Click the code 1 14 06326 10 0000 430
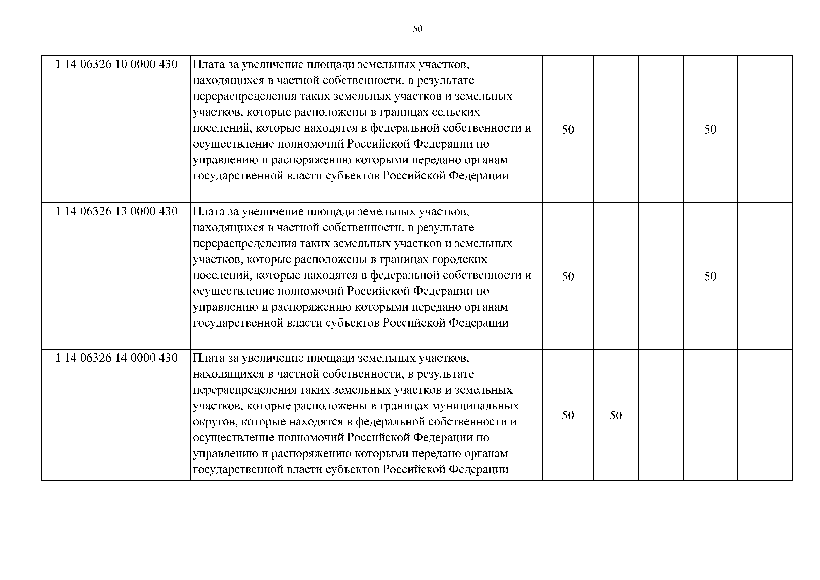click(116, 64)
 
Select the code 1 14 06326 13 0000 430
click(116, 212)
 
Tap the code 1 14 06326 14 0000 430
click(116, 358)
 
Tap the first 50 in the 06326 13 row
click(568, 277)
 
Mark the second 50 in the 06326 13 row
click(710, 277)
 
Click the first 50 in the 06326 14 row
click(568, 415)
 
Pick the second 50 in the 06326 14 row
click(616, 415)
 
